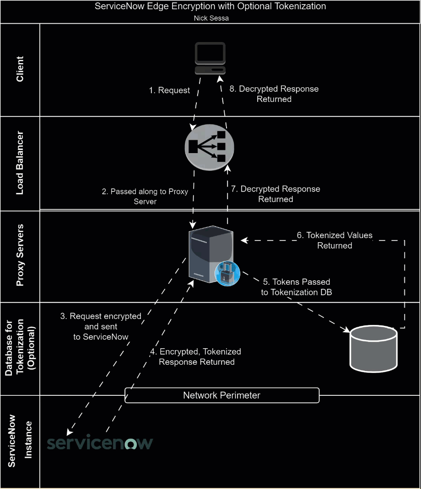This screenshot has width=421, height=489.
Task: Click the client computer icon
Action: tap(210, 58)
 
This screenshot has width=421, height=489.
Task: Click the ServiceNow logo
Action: tap(100, 443)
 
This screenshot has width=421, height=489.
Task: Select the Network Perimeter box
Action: tap(222, 395)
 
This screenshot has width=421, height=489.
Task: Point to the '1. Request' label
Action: tap(169, 90)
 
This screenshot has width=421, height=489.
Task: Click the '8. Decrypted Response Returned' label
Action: tap(274, 94)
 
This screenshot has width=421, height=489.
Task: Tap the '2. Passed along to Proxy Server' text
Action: tap(145, 197)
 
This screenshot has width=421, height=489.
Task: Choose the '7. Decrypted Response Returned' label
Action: tap(275, 194)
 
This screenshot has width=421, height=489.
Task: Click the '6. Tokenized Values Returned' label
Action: tap(335, 240)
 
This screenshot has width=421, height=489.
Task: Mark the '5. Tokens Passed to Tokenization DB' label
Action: tap(297, 287)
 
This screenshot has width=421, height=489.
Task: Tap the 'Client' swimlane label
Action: tap(20, 69)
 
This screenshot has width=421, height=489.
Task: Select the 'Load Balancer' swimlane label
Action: tap(20, 164)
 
